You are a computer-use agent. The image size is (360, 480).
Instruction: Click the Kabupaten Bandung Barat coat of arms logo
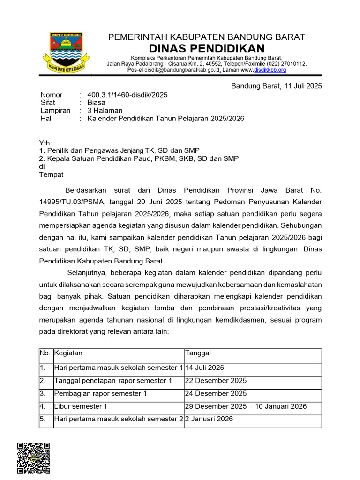coord(66,51)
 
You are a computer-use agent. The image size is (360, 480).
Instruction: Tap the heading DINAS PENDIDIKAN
coord(207,48)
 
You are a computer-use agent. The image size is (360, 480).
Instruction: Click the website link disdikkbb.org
coord(270,70)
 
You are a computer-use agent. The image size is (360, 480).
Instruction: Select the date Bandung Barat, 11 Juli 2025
coord(277,86)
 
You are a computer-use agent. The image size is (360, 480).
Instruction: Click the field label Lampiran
coord(55,111)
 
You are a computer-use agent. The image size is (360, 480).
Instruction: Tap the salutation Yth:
coord(45,143)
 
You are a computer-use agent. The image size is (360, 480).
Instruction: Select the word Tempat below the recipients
coord(51,174)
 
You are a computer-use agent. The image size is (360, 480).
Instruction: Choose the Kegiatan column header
coord(68,353)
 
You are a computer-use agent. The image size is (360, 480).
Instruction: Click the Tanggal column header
coord(198,353)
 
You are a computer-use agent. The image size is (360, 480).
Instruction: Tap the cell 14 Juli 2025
coord(205,368)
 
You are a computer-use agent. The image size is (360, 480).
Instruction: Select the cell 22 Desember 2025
coord(216,381)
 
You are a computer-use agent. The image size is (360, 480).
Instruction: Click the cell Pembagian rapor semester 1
coord(100,394)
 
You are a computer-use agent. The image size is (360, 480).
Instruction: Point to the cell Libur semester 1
coord(81,406)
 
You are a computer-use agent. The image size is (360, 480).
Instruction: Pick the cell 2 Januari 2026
coord(209,419)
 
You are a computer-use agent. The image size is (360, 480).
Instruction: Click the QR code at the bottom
coord(33,458)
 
